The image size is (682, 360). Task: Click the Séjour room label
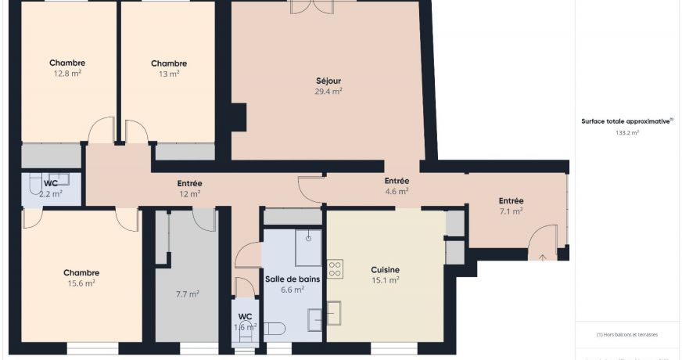click(328, 81)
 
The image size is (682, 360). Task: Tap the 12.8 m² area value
click(67, 74)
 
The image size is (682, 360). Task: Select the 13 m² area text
click(169, 74)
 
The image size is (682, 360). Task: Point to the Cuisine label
click(385, 270)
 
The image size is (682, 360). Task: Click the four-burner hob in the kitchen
click(335, 269)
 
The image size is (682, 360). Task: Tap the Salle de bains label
click(292, 279)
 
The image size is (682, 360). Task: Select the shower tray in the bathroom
click(308, 247)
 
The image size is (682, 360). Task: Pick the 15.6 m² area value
click(81, 283)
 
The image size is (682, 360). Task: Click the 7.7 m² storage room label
click(188, 294)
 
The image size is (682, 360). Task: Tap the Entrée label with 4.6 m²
click(397, 191)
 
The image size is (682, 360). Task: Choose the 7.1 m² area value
click(511, 211)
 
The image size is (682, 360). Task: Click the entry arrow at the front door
click(541, 255)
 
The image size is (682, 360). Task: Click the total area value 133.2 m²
click(626, 133)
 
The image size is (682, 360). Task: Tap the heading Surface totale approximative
click(626, 121)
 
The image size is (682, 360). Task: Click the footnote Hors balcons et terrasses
click(626, 334)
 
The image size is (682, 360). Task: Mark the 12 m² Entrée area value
click(189, 193)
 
